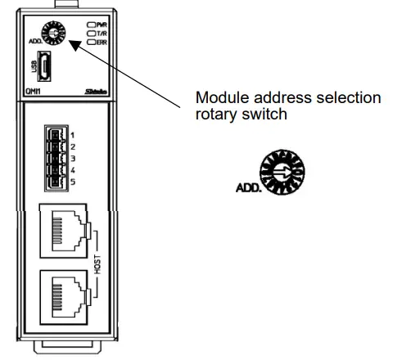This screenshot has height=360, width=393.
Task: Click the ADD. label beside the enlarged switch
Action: coord(246,189)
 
